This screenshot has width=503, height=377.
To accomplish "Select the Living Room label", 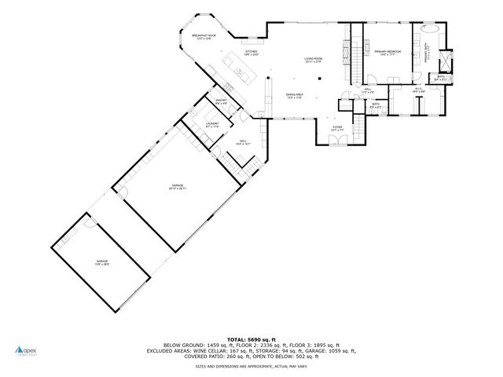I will pos(314,60).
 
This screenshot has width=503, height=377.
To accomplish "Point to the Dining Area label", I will pos(294,96).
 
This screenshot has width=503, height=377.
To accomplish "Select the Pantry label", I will pos(221,101).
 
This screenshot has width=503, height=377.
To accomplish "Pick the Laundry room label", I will pos(212,125).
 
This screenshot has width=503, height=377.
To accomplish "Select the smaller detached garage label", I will pos(102,262).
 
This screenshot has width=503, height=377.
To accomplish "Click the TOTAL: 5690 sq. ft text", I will pos(251,337).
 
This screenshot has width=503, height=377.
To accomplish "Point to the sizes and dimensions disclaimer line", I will pos(251,366).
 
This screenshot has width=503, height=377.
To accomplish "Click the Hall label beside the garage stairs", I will pos(243,142).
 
